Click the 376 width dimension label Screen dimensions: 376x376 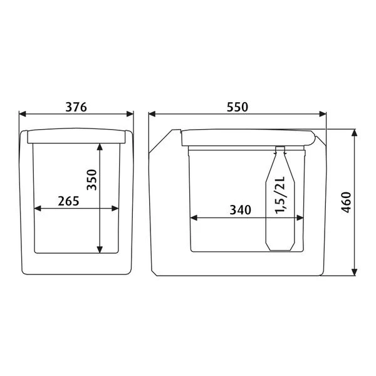point(76,107)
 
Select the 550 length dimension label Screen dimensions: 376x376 point(237,107)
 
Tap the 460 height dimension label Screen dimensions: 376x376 point(347,202)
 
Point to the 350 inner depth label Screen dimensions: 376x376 point(91,180)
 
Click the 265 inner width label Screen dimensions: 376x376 point(68,201)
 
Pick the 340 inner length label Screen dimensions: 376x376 point(240,210)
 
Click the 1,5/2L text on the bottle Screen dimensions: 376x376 point(280,195)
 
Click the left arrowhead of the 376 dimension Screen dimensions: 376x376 point(23,114)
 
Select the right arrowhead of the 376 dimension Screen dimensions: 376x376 point(130,114)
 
